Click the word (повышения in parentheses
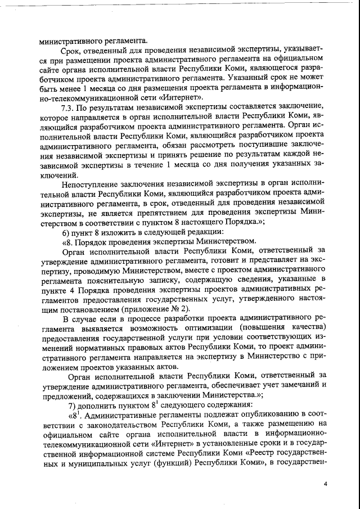(x=263, y=328)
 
